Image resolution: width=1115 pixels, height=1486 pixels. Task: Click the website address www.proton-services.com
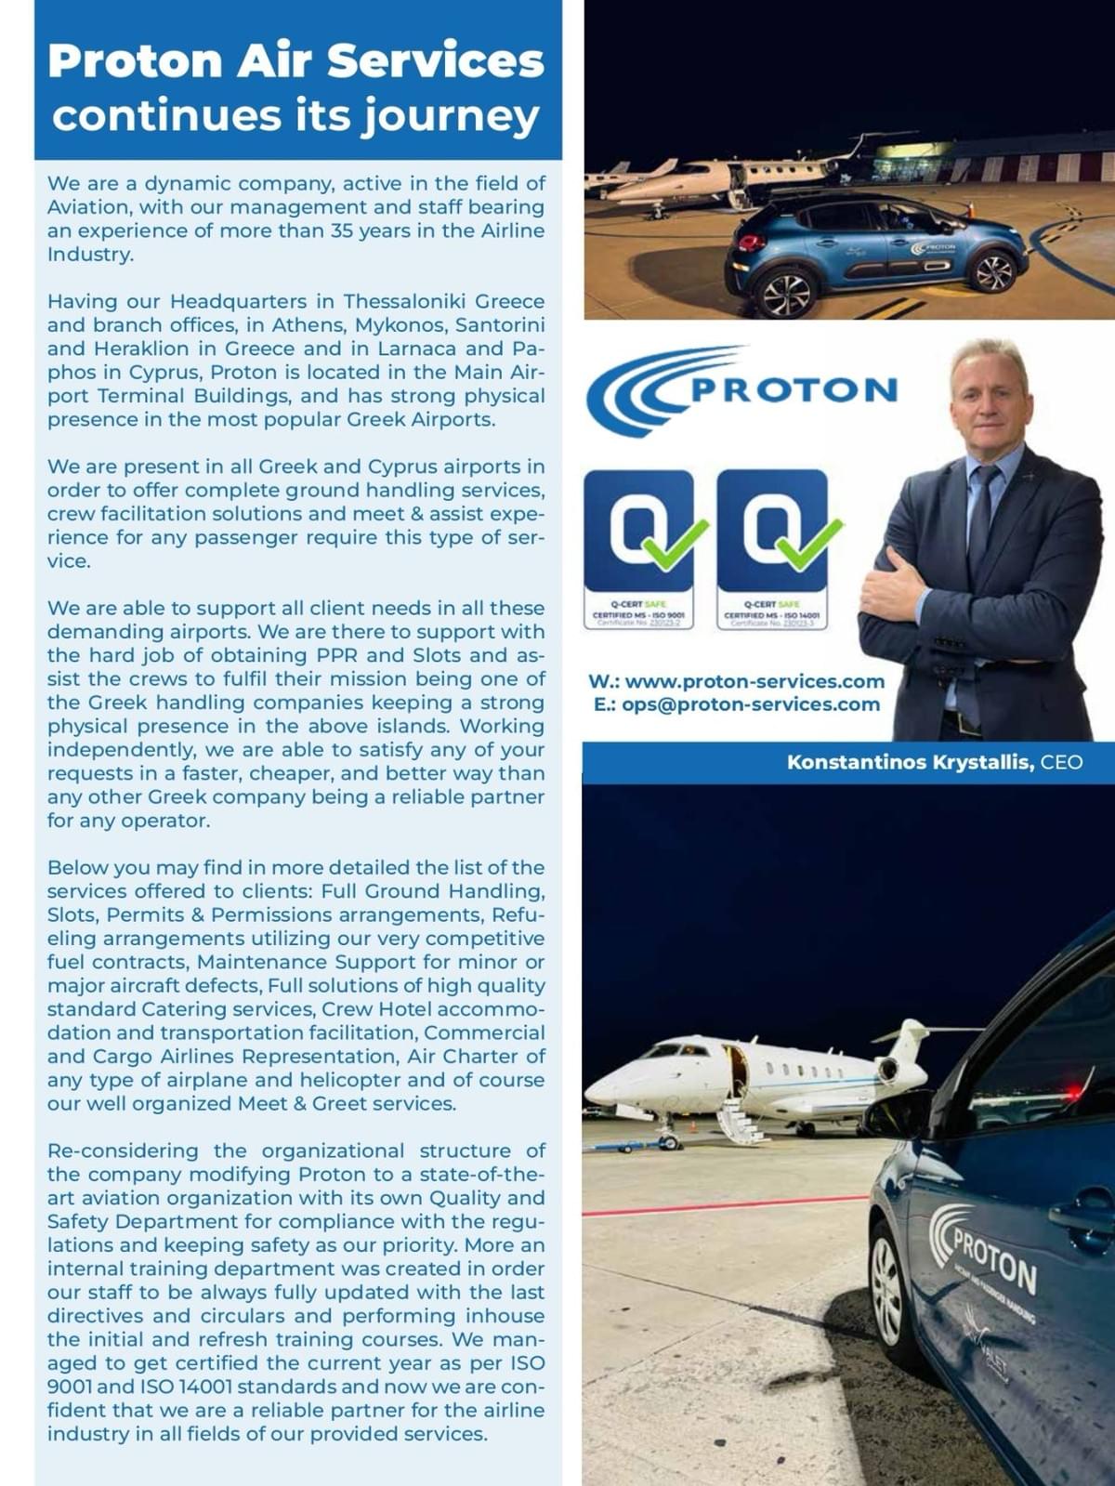(754, 681)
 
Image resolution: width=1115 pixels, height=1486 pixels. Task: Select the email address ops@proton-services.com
(751, 704)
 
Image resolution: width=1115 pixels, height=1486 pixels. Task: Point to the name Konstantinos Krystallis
(910, 762)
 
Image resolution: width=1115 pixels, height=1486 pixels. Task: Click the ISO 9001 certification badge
(638, 548)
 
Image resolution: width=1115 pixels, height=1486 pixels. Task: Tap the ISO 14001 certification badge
(772, 548)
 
